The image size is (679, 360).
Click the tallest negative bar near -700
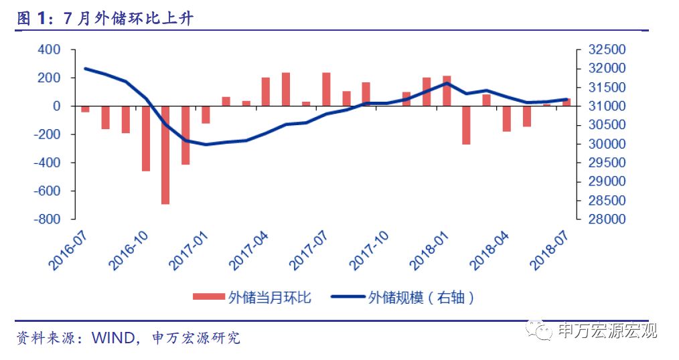coord(165,155)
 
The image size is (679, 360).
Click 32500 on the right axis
coord(606,50)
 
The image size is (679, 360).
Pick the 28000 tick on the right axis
coord(606,219)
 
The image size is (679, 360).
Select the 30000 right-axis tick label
coord(606,144)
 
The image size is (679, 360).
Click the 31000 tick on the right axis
coord(606,106)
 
